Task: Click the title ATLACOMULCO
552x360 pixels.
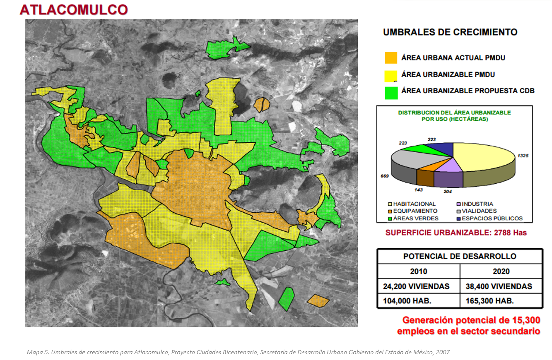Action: (74, 10)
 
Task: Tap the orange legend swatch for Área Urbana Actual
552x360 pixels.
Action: (391, 58)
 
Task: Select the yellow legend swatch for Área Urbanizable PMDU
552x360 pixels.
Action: (391, 75)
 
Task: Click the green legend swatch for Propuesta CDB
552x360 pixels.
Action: (391, 91)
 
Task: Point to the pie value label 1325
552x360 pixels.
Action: (523, 156)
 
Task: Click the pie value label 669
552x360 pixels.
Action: (385, 176)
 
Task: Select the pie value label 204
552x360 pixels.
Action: (447, 191)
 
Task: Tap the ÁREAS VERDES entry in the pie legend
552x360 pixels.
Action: (412, 218)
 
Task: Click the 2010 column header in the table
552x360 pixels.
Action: (419, 271)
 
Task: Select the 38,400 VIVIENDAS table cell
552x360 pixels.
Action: (501, 286)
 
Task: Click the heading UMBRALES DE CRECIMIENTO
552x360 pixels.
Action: (450, 32)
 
